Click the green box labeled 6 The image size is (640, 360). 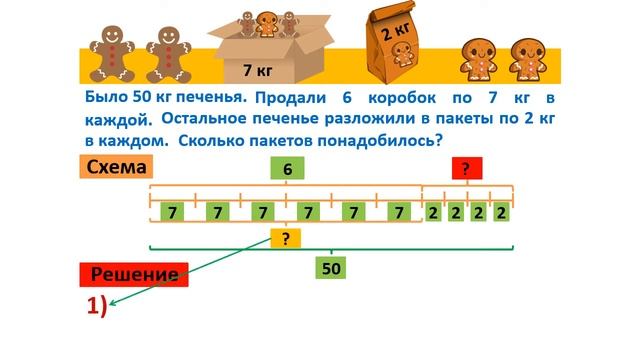pos(287,169)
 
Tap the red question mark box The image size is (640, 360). pos(466,169)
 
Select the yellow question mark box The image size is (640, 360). pos(285,238)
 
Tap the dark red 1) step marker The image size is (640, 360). pos(97,305)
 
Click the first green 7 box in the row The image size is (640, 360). pos(174,212)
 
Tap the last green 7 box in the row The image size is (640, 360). pos(399,212)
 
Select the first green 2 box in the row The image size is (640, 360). pos(433,212)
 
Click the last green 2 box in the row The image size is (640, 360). pos(501,212)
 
